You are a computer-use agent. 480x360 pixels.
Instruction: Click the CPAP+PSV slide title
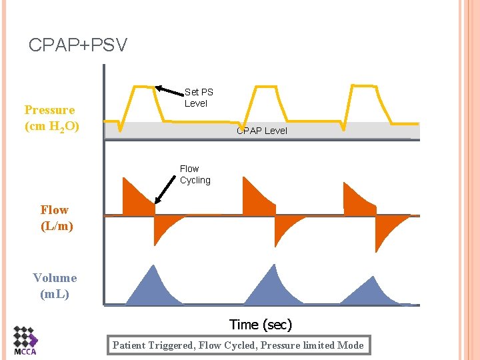(78, 45)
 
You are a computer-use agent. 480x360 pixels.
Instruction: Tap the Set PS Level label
(198, 97)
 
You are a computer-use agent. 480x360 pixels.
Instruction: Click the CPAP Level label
(261, 131)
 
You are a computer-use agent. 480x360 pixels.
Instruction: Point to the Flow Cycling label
(195, 175)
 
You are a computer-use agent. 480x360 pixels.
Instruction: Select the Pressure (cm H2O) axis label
(51, 117)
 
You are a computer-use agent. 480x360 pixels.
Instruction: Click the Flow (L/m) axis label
(57, 218)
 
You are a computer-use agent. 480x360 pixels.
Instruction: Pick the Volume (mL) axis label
(55, 285)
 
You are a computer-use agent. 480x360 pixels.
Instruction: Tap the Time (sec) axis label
(261, 325)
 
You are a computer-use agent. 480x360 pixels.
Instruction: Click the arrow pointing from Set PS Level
(169, 91)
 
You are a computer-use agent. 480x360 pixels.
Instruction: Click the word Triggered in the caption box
(173, 345)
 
